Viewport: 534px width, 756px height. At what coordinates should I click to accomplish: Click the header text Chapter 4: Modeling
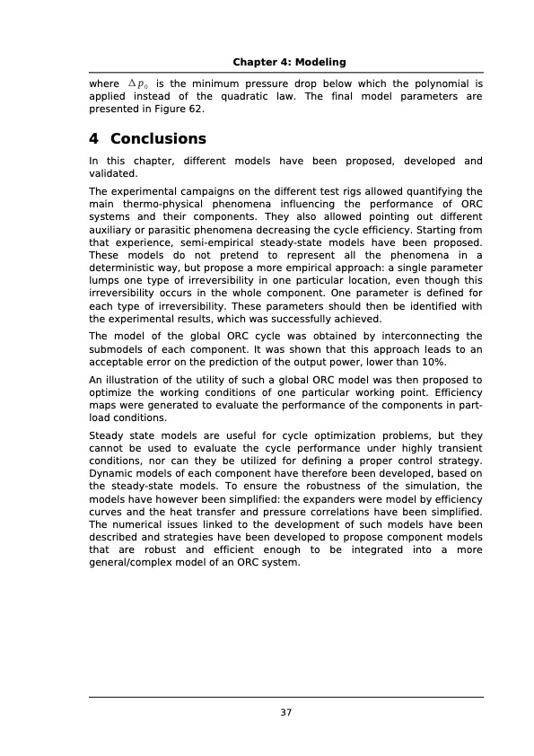tap(289, 61)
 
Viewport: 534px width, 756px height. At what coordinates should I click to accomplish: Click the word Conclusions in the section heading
tap(158, 139)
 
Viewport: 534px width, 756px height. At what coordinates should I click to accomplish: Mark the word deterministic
tap(127, 268)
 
